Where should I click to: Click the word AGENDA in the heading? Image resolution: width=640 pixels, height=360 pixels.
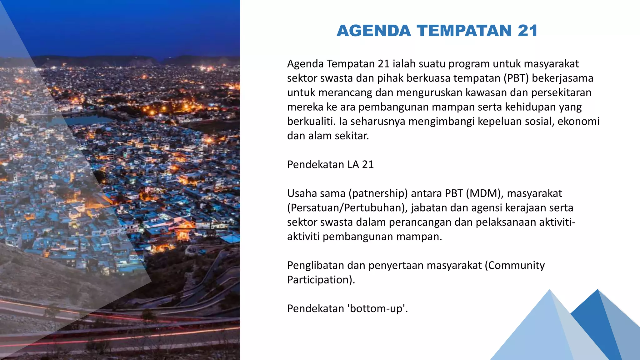click(374, 31)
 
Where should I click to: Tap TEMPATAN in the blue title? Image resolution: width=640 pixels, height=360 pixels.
click(464, 31)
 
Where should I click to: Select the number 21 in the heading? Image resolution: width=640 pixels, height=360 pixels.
click(527, 31)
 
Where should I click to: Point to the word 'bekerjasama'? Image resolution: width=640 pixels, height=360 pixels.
click(562, 78)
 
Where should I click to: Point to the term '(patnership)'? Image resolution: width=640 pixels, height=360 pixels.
click(378, 193)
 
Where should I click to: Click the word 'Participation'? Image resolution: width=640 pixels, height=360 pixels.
click(320, 280)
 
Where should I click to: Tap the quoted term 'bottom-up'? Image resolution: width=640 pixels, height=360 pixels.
click(377, 308)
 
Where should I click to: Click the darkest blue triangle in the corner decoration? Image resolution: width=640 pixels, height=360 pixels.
click(595, 325)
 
